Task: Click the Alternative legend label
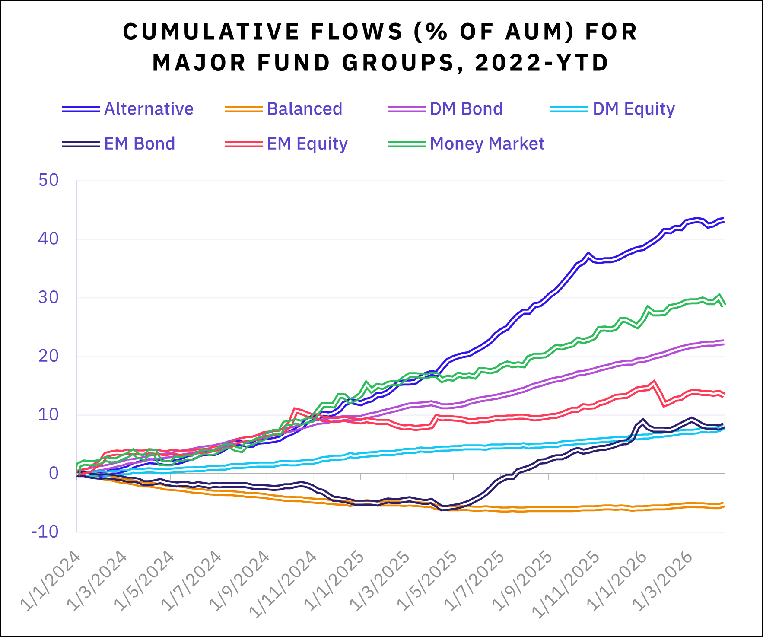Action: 149,109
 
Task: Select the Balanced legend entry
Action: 305,109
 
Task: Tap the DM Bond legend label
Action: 466,109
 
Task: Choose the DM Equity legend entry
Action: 633,109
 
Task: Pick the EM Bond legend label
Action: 140,143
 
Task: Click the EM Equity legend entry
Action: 307,143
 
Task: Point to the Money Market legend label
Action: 487,143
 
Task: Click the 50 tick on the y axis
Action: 48,180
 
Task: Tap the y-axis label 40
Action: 48,239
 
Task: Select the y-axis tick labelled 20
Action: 48,356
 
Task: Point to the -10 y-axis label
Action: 45,532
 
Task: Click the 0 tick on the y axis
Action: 54,473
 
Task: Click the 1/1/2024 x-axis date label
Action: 51,581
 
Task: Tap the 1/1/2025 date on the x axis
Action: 334,581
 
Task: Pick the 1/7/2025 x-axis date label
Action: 476,581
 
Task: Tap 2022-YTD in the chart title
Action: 541,63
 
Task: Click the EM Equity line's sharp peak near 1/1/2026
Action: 654,382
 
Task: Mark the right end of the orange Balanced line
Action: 723,505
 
